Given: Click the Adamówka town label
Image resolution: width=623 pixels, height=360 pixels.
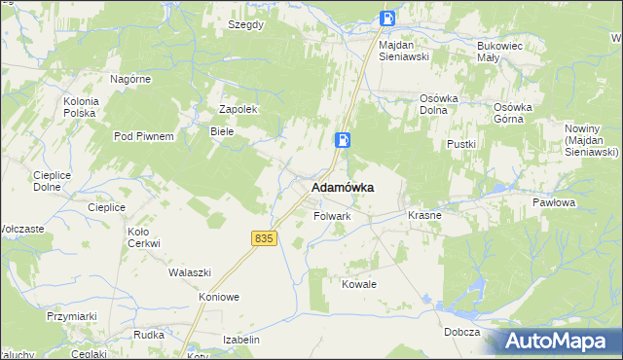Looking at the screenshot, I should click(343, 187).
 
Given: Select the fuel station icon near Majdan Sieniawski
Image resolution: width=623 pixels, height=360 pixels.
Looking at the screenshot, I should click(387, 18).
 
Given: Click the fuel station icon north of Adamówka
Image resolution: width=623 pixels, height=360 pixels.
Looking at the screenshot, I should click(343, 140).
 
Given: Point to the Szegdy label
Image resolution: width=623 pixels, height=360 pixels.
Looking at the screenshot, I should click(245, 25).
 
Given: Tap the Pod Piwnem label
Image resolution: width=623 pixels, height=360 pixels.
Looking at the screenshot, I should click(144, 136).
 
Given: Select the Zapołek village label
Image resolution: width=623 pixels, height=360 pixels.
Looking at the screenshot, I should click(238, 109).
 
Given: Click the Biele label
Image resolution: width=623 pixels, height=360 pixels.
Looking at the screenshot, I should click(222, 130).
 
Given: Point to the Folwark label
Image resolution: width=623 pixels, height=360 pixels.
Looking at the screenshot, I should click(332, 216).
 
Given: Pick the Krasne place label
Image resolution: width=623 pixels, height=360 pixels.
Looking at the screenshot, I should click(424, 215).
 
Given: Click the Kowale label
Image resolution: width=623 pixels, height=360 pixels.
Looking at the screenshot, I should click(358, 284).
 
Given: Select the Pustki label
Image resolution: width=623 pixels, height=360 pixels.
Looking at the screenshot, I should click(460, 144).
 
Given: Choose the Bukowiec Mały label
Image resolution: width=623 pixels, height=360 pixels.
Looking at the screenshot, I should click(501, 52).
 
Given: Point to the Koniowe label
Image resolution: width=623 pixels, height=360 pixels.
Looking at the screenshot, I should click(219, 297).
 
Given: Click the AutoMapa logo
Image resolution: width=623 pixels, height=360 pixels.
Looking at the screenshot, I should click(559, 341).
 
